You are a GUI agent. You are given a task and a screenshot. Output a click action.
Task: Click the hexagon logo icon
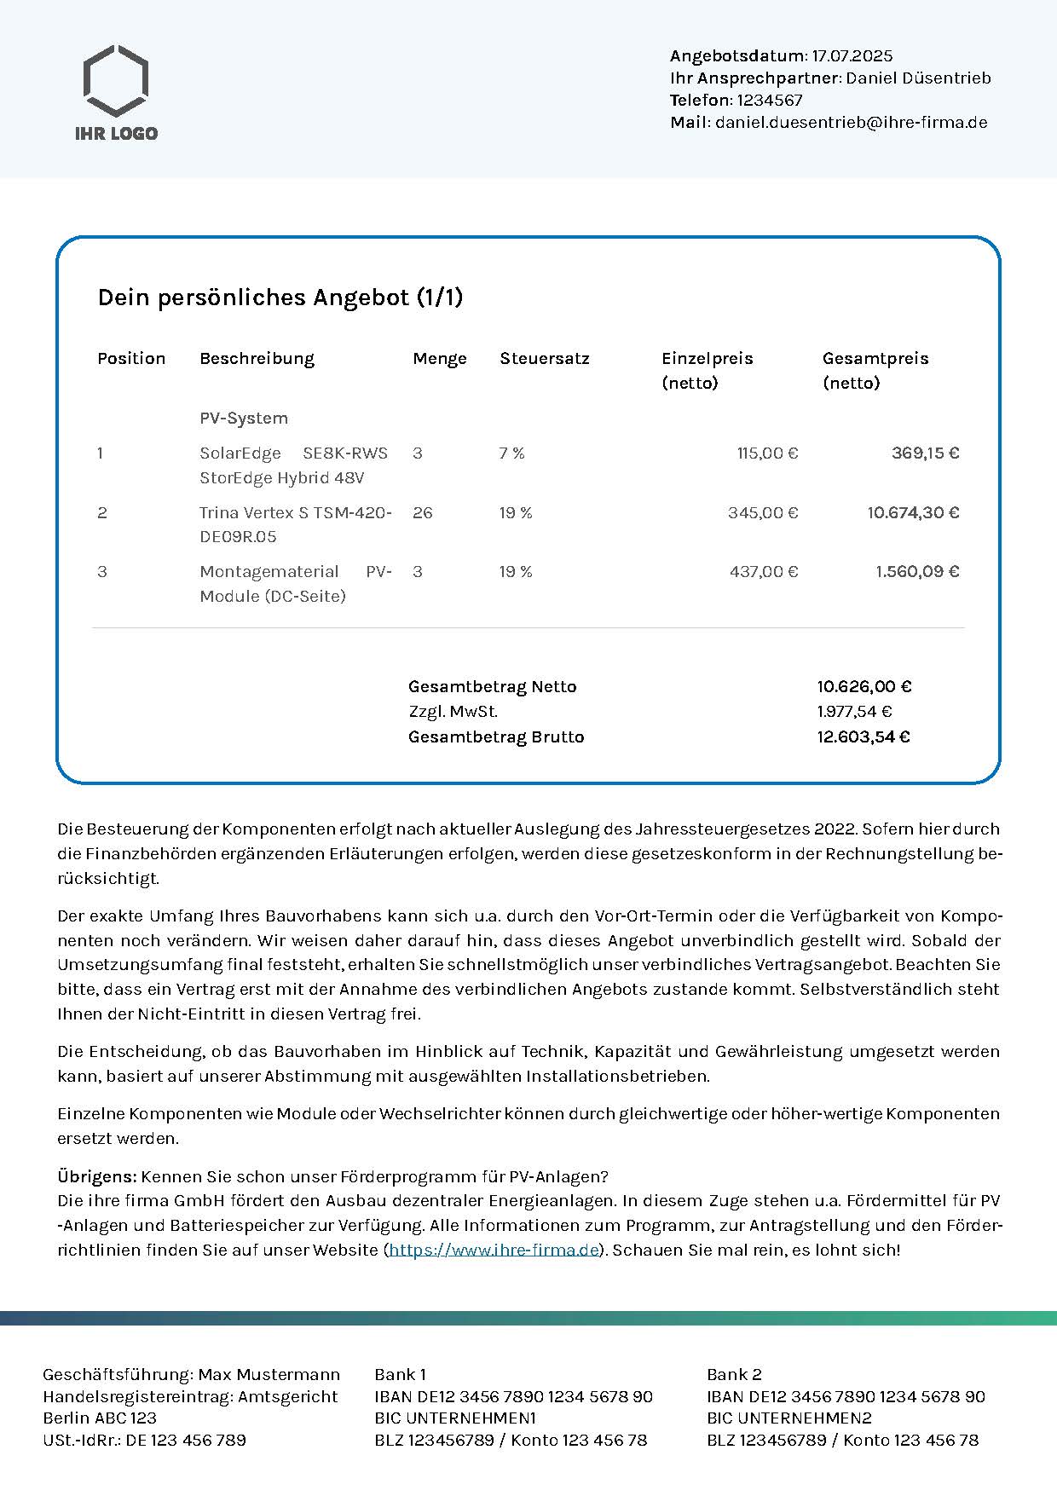pyautogui.click(x=116, y=81)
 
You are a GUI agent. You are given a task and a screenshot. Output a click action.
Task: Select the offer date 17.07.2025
pyautogui.click(x=852, y=56)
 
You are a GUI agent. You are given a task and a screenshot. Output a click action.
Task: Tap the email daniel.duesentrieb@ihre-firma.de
pyautogui.click(x=851, y=122)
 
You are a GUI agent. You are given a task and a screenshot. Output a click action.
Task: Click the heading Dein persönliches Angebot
pyautogui.click(x=280, y=297)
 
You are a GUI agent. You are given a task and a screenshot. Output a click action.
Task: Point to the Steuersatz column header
pyautogui.click(x=545, y=358)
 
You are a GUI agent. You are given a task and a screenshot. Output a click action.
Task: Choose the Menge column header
pyautogui.click(x=440, y=358)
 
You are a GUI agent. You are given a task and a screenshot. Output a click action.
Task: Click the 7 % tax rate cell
pyautogui.click(x=512, y=453)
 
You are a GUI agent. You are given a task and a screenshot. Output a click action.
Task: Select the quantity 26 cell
pyautogui.click(x=423, y=512)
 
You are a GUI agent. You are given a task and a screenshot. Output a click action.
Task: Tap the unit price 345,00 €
pyautogui.click(x=763, y=512)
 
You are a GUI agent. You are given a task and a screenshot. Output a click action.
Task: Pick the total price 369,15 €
pyautogui.click(x=925, y=453)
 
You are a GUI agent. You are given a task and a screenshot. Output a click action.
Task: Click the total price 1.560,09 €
pyautogui.click(x=917, y=571)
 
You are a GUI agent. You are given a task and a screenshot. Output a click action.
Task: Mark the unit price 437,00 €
pyautogui.click(x=764, y=571)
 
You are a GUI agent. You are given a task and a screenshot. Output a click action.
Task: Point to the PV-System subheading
pyautogui.click(x=244, y=418)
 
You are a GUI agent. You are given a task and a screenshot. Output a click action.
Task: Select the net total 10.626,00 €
pyautogui.click(x=864, y=686)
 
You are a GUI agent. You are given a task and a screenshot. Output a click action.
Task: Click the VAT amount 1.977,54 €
pyautogui.click(x=854, y=711)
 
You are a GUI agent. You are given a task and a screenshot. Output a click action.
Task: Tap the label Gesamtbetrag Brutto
pyautogui.click(x=496, y=736)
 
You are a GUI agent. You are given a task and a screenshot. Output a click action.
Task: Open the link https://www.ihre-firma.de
pyautogui.click(x=494, y=1250)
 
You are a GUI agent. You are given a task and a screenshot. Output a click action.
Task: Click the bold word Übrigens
pyautogui.click(x=96, y=1176)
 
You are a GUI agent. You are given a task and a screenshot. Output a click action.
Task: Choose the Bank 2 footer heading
pyautogui.click(x=734, y=1374)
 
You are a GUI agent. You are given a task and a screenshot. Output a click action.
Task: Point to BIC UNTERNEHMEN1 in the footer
pyautogui.click(x=455, y=1418)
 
